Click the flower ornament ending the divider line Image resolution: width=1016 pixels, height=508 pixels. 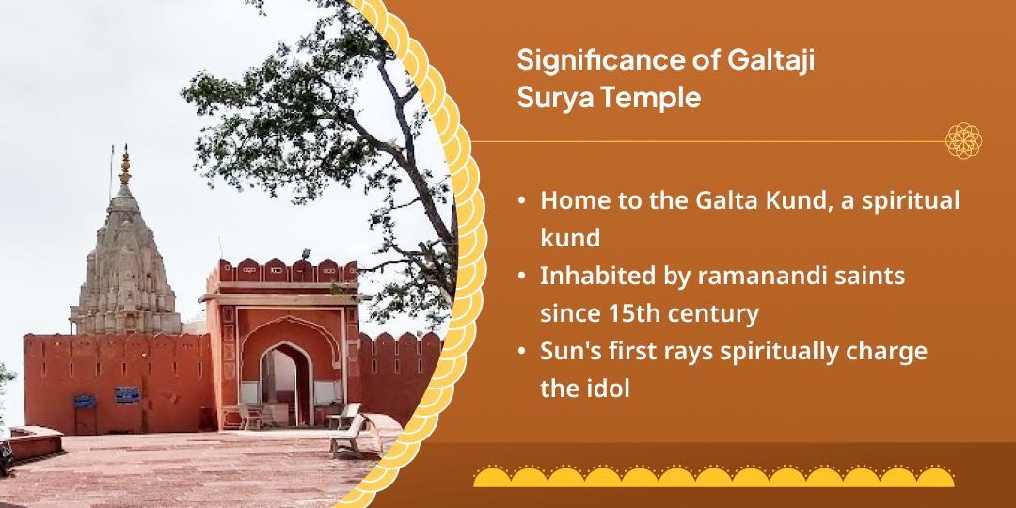point(963,140)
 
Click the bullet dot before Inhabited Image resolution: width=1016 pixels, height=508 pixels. point(521,278)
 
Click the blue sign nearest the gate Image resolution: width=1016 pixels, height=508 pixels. point(127,394)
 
